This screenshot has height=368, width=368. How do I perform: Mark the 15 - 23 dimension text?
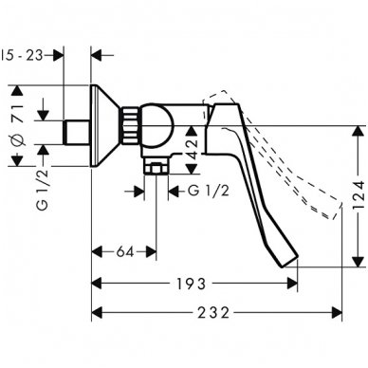click(x=23, y=55)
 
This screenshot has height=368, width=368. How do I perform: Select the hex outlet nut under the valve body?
click(x=155, y=170)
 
